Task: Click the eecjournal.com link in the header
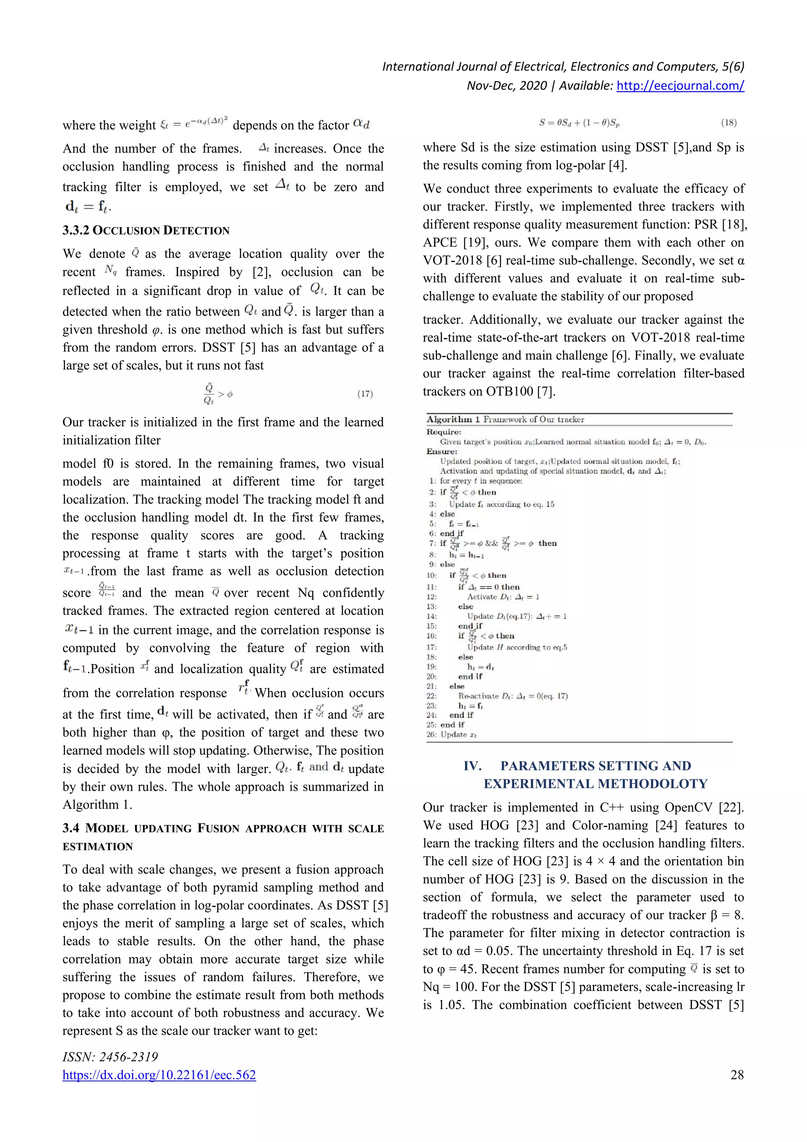[680, 86]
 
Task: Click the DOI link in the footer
[159, 1075]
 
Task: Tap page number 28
[737, 1075]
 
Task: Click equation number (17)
[365, 394]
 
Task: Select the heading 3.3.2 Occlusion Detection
[146, 230]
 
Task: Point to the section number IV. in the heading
[472, 766]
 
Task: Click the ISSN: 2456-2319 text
[110, 1057]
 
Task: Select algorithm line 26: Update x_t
[457, 735]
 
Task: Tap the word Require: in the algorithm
[444, 432]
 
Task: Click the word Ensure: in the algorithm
[442, 451]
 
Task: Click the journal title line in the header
[562, 67]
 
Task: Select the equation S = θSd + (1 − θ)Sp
[579, 123]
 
